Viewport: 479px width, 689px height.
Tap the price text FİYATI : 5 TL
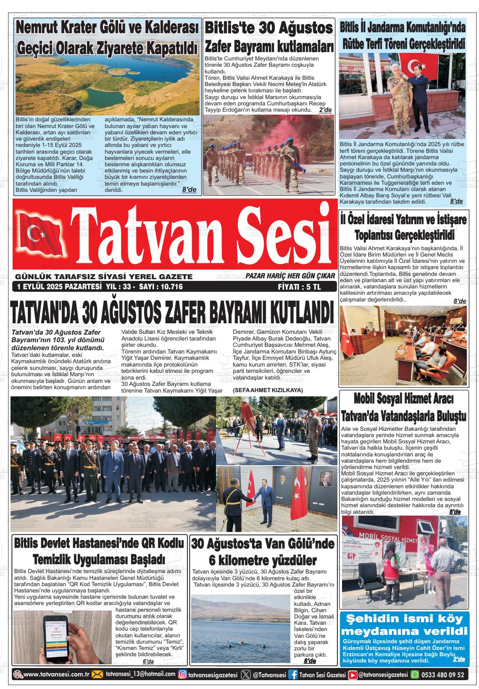[x=299, y=287]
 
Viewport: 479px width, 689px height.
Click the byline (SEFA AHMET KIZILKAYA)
[x=268, y=390]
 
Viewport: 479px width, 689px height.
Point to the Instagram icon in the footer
[x=183, y=675]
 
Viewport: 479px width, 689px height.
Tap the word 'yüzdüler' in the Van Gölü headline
[x=291, y=560]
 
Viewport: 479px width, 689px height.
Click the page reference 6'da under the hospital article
[x=148, y=661]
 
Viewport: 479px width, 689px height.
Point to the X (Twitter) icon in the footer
[x=246, y=675]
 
